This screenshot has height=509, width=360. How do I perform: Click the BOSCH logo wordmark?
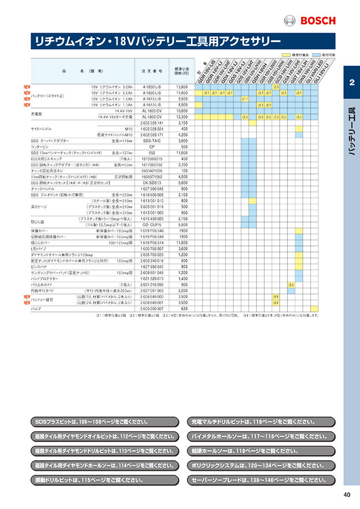317,21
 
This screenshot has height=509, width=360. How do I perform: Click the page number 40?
347,495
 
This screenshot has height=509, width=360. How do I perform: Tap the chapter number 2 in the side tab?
352,83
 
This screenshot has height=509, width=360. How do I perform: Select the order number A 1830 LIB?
152,87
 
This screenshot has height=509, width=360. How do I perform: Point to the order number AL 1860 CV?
152,117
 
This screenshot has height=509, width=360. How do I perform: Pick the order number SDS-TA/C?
152,141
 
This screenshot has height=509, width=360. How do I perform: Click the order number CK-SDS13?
152,182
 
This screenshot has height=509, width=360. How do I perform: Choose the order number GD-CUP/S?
152,225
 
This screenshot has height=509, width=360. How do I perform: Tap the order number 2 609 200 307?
152,309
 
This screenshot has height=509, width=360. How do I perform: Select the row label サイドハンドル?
42,128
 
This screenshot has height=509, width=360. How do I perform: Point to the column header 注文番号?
152,71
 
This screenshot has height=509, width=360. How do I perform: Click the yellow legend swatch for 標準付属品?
286,56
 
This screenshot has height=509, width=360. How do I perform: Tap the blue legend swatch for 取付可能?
316,56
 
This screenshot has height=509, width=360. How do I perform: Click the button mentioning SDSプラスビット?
105,422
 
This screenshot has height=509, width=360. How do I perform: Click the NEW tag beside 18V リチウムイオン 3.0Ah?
27,87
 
